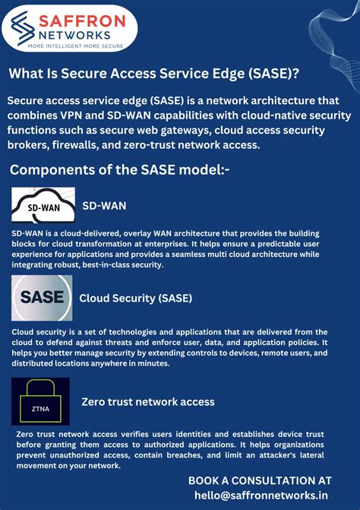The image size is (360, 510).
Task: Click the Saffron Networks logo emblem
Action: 26,26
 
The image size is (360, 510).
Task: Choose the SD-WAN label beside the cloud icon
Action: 103,205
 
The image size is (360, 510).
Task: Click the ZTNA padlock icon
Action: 40,401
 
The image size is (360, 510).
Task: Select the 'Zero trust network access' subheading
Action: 147,401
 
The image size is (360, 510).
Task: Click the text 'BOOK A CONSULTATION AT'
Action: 260,480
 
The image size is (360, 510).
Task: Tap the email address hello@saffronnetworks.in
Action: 260,495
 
